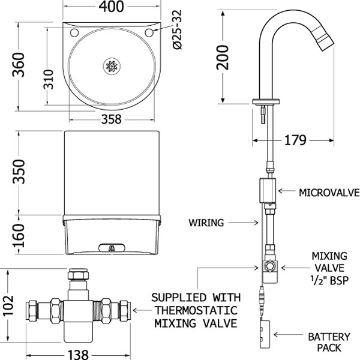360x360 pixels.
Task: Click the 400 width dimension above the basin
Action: click(x=112, y=7)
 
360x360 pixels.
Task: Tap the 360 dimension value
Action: click(x=19, y=65)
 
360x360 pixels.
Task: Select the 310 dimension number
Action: click(x=49, y=79)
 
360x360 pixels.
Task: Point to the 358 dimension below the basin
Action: click(x=112, y=119)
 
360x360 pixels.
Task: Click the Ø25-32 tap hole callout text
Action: click(x=177, y=29)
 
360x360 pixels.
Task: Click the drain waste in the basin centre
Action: click(x=112, y=66)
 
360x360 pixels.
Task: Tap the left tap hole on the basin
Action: click(x=74, y=32)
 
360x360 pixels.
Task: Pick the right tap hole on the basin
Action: click(x=149, y=32)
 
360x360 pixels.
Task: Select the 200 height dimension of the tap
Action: click(x=223, y=58)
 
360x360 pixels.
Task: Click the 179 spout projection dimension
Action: click(x=295, y=140)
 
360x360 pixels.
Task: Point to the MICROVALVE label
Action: click(x=329, y=193)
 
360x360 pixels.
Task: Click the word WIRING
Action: click(x=206, y=223)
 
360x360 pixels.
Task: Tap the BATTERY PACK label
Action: click(x=329, y=342)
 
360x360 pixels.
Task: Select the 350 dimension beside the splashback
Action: click(x=19, y=172)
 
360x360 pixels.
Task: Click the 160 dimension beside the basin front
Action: click(x=19, y=236)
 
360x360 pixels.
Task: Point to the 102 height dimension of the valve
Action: click(x=8, y=305)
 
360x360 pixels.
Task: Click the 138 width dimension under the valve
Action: click(x=78, y=355)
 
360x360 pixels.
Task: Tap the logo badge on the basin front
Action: click(x=112, y=248)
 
